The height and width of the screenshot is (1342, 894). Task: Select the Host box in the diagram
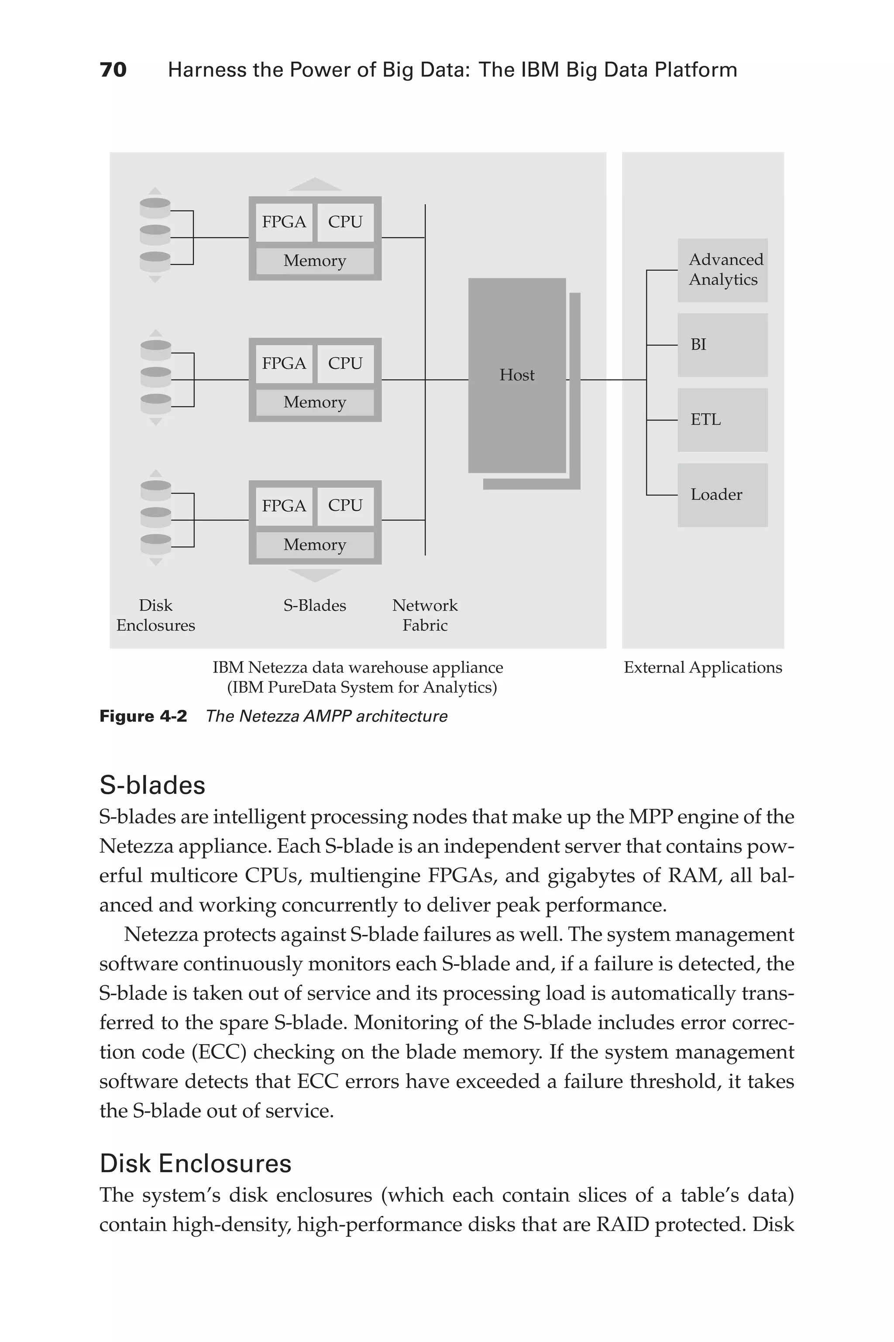pyautogui.click(x=516, y=375)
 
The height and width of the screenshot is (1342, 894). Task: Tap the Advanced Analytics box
pyautogui.click(x=722, y=270)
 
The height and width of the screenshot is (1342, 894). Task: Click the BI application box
pyautogui.click(x=722, y=345)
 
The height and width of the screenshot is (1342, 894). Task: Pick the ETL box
pyautogui.click(x=722, y=420)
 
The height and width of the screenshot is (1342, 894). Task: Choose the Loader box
pyautogui.click(x=722, y=495)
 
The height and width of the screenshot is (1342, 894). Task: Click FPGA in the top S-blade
pyautogui.click(x=283, y=222)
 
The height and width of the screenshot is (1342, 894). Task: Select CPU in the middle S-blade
pyautogui.click(x=345, y=363)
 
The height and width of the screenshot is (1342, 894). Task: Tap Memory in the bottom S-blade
pyautogui.click(x=315, y=545)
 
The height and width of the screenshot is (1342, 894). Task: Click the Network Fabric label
pyautogui.click(x=425, y=615)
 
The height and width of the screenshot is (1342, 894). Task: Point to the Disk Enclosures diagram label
pyautogui.click(x=156, y=615)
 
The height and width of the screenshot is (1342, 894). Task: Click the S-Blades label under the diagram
pyautogui.click(x=315, y=605)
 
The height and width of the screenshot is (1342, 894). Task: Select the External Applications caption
pyautogui.click(x=702, y=668)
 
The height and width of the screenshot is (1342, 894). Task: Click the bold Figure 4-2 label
pyautogui.click(x=143, y=716)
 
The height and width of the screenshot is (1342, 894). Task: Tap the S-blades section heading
pyautogui.click(x=152, y=785)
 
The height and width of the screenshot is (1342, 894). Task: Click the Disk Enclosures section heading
pyautogui.click(x=196, y=1164)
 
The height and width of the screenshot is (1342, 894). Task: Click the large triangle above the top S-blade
pyautogui.click(x=315, y=184)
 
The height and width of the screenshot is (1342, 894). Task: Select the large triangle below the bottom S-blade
pyautogui.click(x=315, y=575)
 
